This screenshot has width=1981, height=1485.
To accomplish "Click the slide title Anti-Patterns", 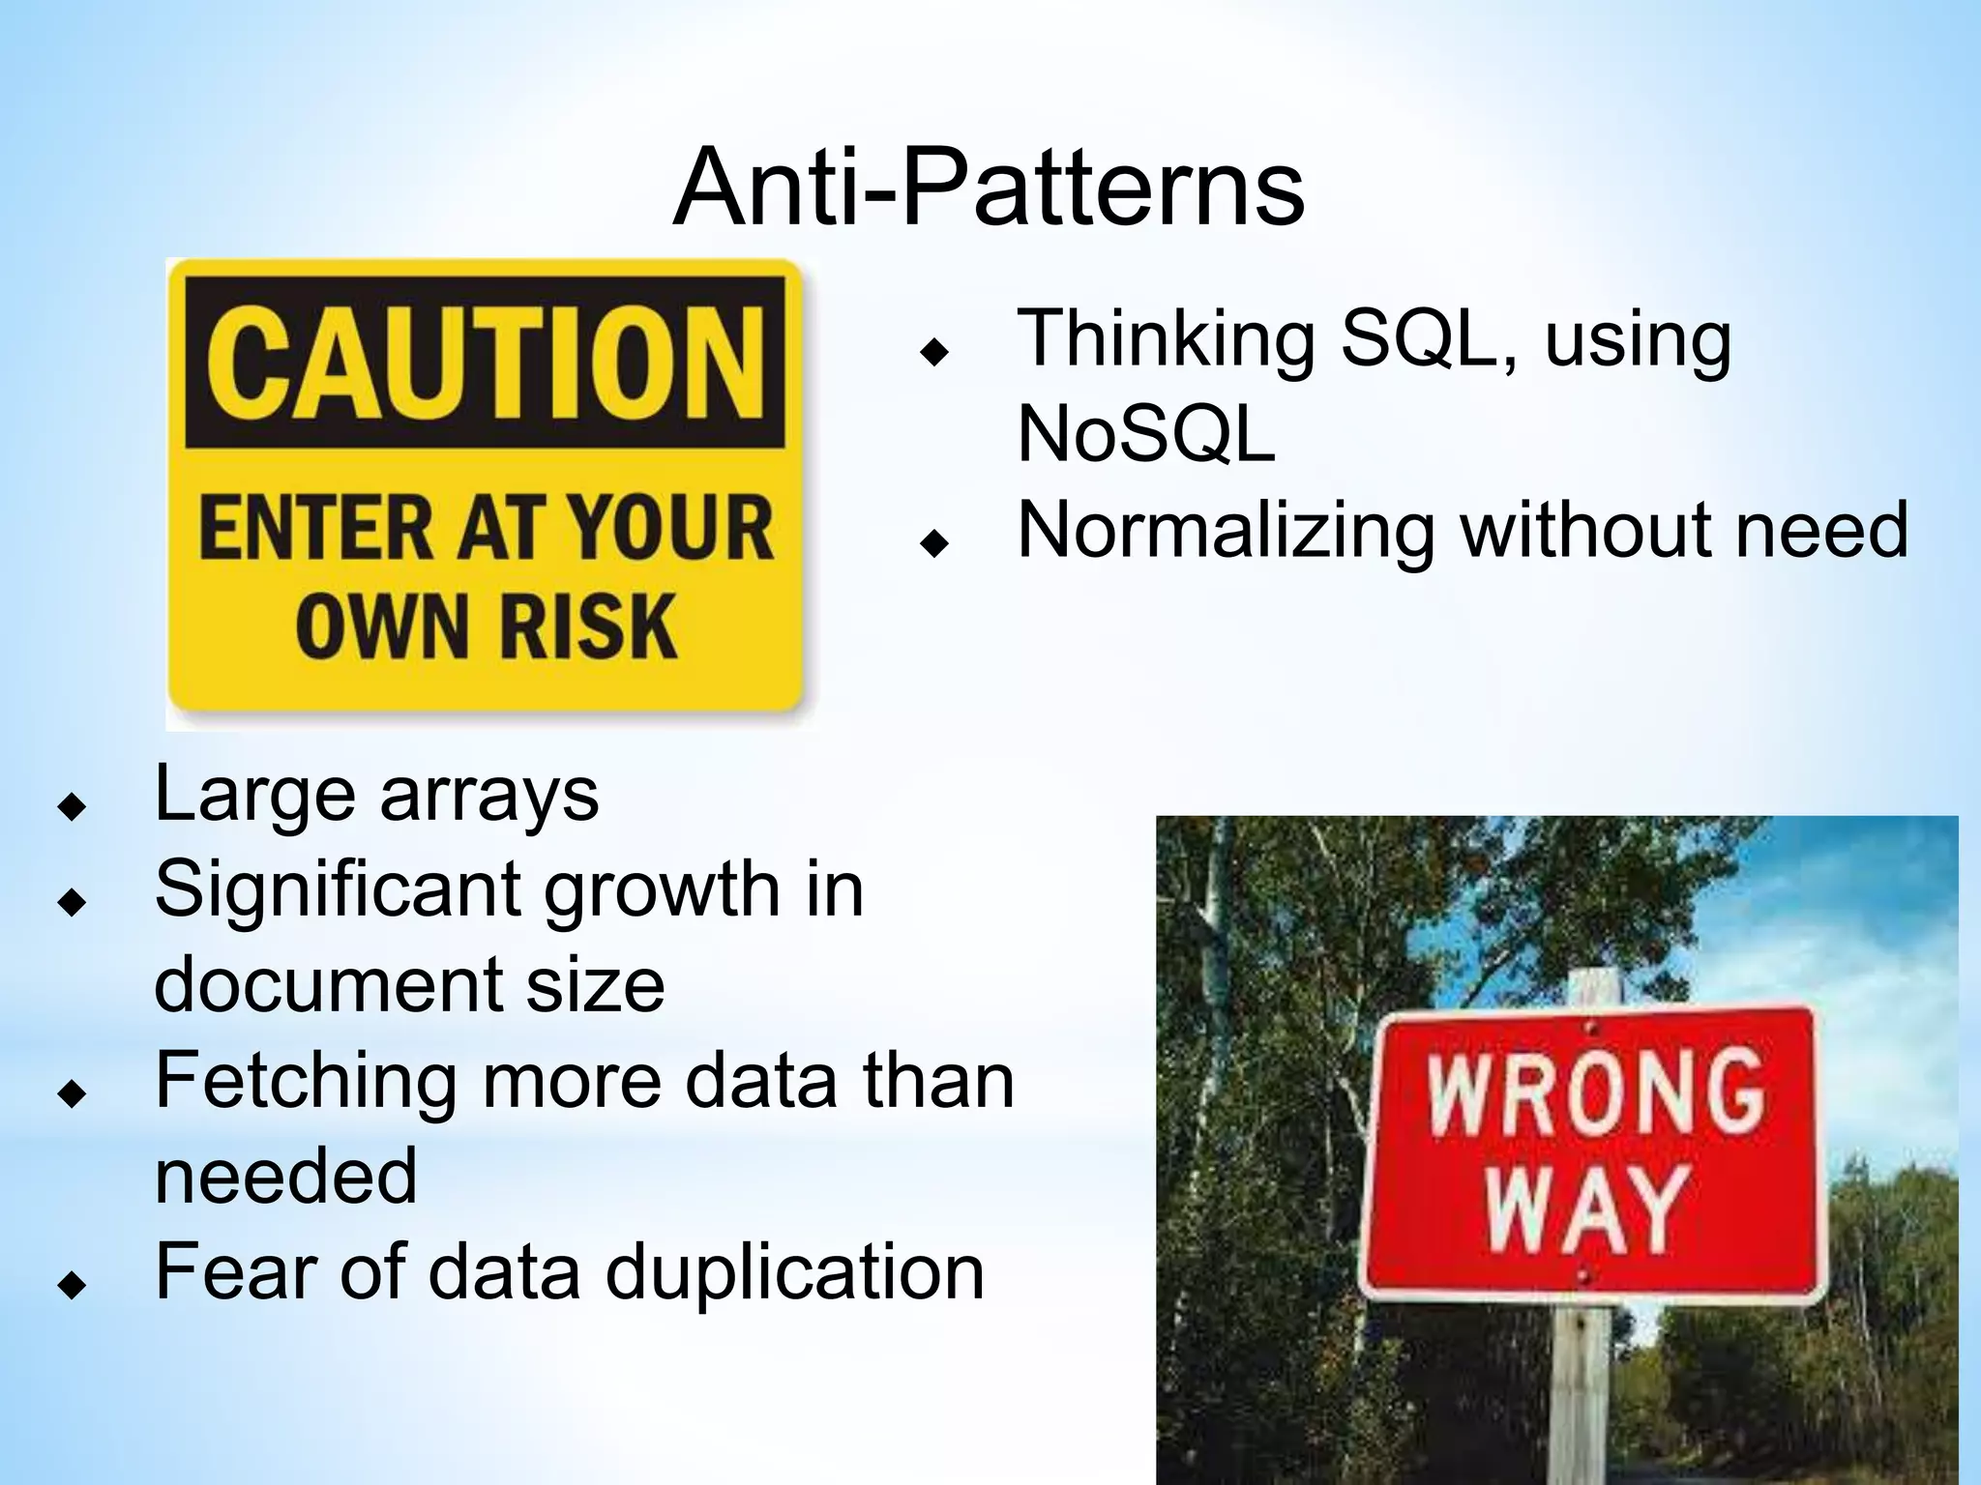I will coord(989,188).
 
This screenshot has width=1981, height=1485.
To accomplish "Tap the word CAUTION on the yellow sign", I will coord(485,363).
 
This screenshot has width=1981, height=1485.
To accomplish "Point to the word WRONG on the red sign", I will coord(1596,1092).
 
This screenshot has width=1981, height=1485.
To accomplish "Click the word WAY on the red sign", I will coord(1587,1208).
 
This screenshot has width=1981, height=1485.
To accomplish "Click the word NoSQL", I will coord(1145,434).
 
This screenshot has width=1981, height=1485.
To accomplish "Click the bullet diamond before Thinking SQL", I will coord(934,353).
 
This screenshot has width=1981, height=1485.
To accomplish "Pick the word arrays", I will coord(488,795).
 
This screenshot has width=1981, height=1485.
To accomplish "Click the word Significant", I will coord(338,889).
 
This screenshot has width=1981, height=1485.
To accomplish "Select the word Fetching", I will coord(306,1081).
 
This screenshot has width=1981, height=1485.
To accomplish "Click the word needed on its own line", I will coord(285,1176).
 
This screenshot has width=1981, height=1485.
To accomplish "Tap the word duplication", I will coord(794,1271).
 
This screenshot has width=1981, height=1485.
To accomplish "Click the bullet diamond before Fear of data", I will coord(72,1285).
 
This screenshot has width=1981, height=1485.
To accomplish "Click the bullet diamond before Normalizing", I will coord(934,544).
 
